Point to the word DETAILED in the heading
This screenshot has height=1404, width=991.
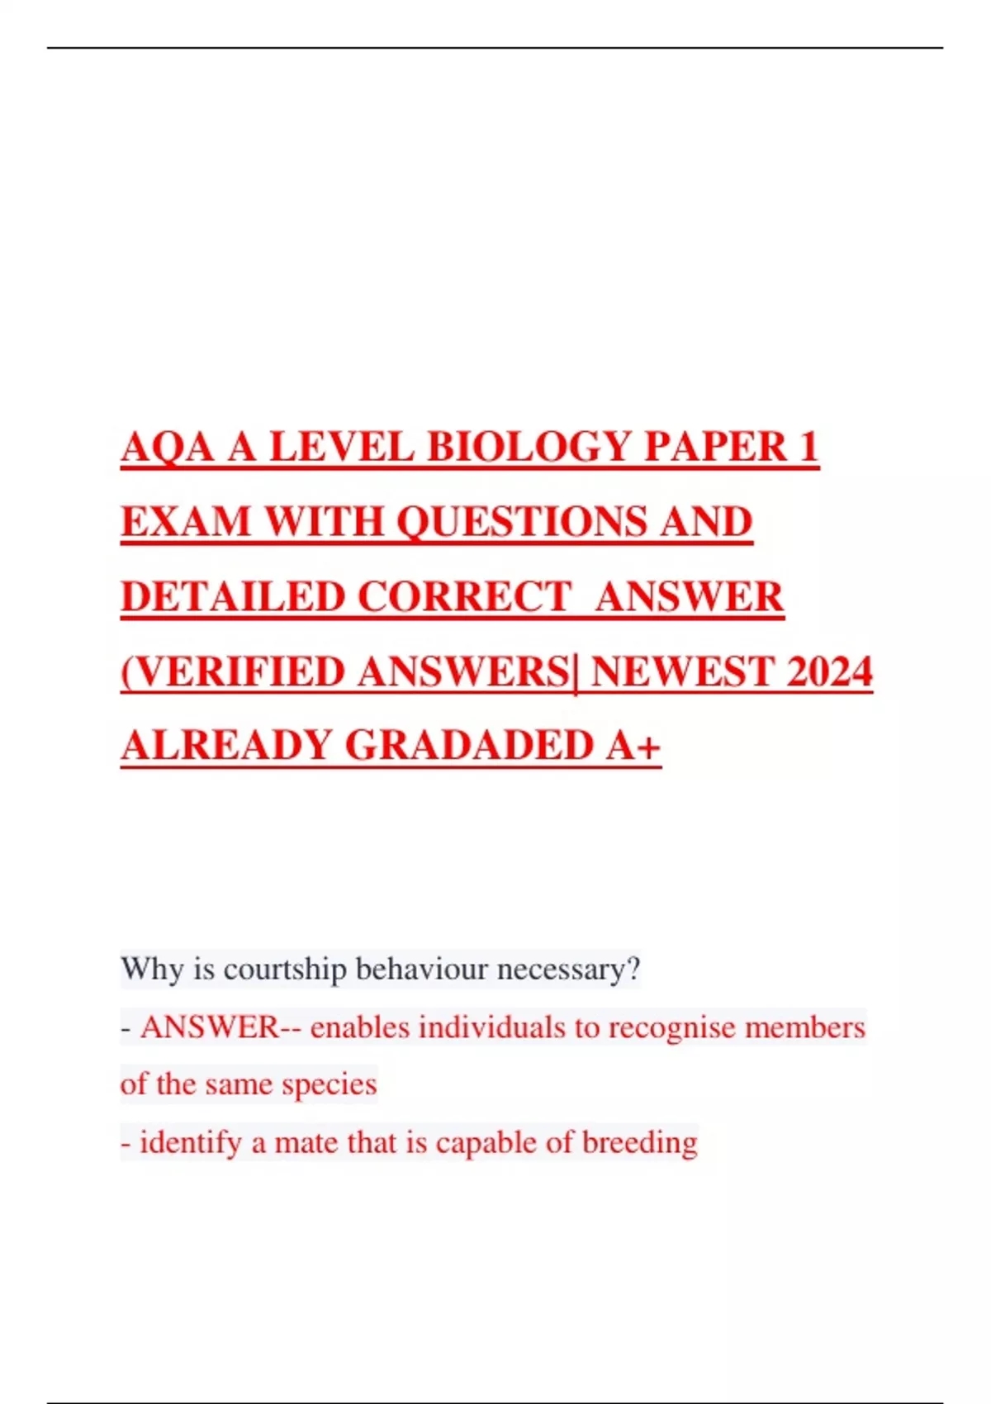(232, 596)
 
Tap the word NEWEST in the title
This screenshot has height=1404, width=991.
(682, 671)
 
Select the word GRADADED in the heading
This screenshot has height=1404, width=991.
(468, 745)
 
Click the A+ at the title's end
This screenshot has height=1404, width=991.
(633, 745)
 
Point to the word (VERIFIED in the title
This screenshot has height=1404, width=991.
(233, 671)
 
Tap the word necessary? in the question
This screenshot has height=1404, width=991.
(568, 969)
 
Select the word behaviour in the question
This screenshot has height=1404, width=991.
(421, 969)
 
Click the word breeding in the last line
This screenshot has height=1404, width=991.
(639, 1143)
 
